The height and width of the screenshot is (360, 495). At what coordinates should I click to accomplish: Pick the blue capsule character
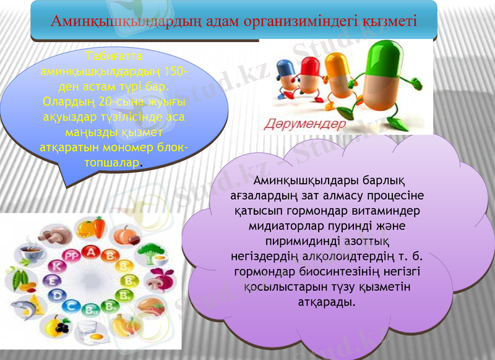(x=286, y=74)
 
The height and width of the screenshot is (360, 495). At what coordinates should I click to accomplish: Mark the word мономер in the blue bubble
(x=124, y=148)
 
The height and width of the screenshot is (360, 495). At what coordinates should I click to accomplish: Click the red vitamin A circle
(x=92, y=252)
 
